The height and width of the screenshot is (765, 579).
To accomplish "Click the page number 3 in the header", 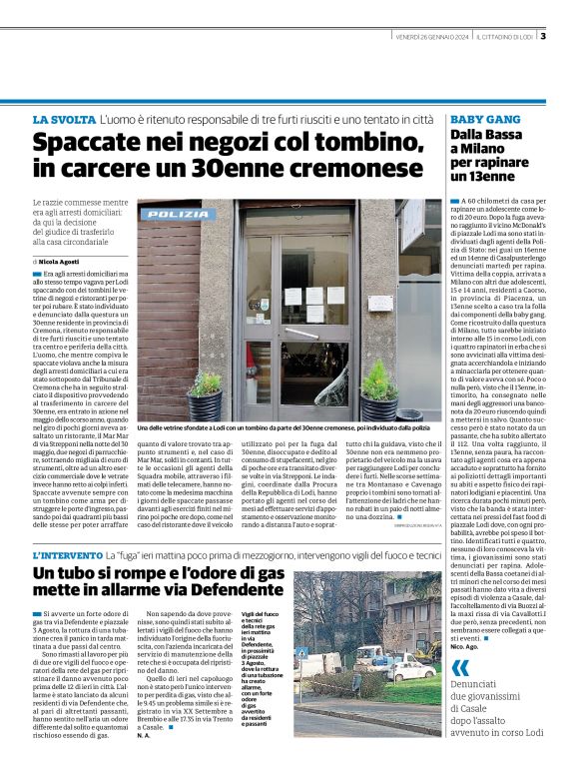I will (544, 37).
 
